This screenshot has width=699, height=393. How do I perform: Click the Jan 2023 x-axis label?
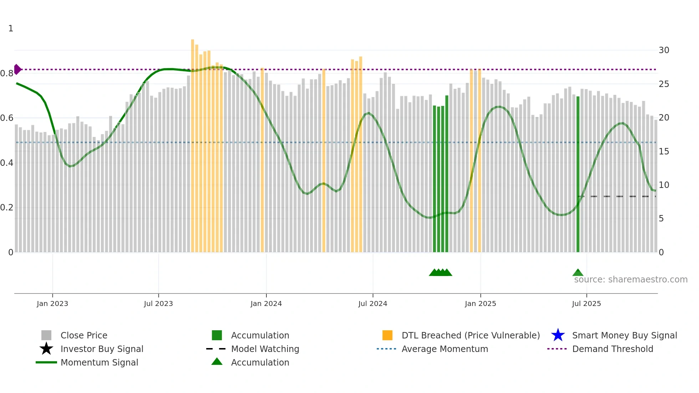click(52, 303)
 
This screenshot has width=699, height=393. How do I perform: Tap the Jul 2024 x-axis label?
click(373, 303)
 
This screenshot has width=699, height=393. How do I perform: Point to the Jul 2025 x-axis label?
click(586, 303)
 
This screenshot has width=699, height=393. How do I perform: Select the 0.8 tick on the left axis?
click(7, 73)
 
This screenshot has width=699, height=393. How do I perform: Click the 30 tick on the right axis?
click(664, 50)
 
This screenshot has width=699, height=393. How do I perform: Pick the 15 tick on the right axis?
click(664, 152)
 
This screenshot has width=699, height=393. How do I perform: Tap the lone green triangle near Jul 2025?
click(578, 273)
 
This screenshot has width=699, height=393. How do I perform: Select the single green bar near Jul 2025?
click(578, 175)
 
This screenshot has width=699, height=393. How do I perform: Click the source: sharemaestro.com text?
click(631, 280)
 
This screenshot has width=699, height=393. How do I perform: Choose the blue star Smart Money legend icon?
click(558, 335)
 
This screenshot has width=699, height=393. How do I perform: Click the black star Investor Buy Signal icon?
click(46, 349)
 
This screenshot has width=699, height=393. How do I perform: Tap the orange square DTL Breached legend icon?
click(387, 335)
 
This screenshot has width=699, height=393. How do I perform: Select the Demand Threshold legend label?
click(612, 349)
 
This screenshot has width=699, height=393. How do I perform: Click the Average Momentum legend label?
click(445, 349)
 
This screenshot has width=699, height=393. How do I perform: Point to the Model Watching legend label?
click(265, 349)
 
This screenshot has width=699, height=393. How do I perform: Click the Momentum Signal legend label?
click(99, 362)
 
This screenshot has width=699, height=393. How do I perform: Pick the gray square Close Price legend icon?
click(46, 335)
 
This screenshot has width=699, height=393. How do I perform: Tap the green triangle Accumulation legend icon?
click(217, 362)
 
